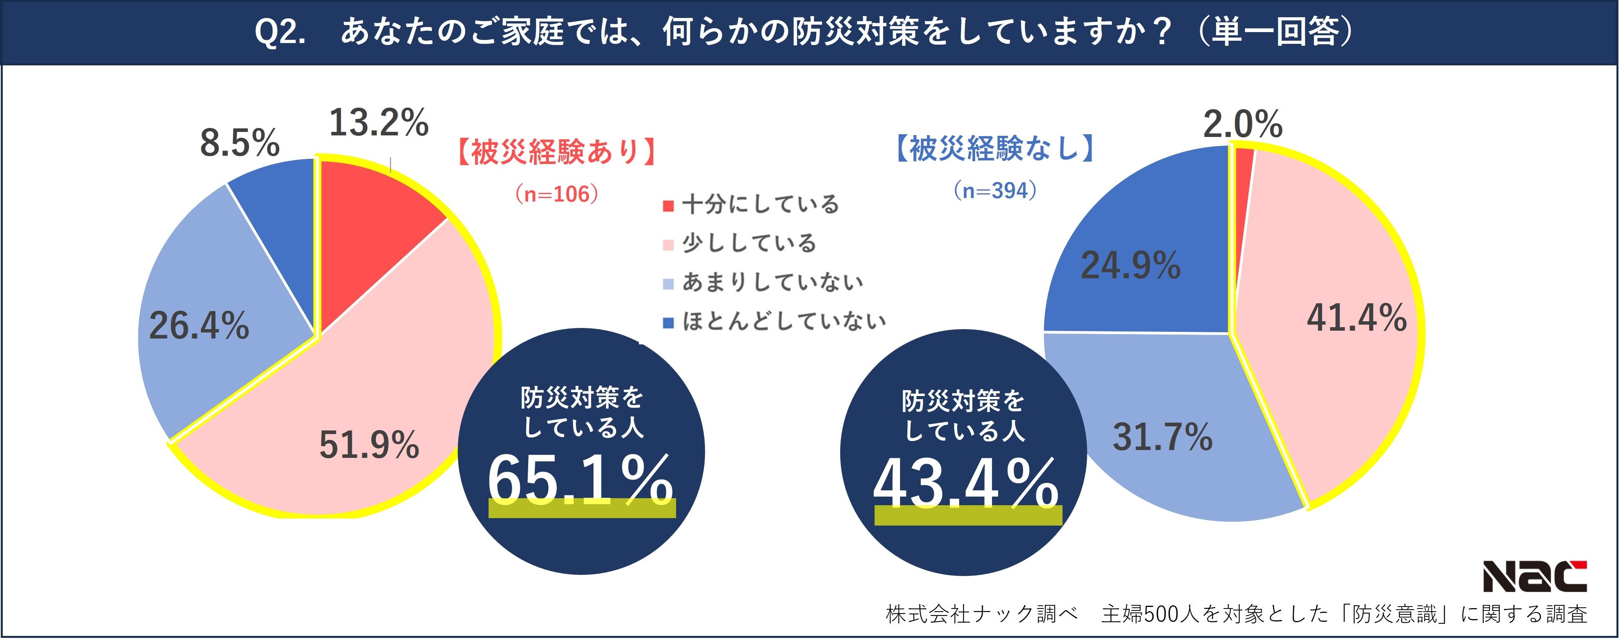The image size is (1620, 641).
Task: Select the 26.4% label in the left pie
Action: [199, 326]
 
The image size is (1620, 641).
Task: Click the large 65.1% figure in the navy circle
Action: [580, 481]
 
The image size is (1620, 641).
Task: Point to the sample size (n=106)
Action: [557, 194]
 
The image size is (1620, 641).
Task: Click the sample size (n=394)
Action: [995, 191]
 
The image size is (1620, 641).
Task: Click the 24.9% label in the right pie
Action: [1130, 265]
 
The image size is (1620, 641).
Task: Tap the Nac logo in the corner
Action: [1535, 576]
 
